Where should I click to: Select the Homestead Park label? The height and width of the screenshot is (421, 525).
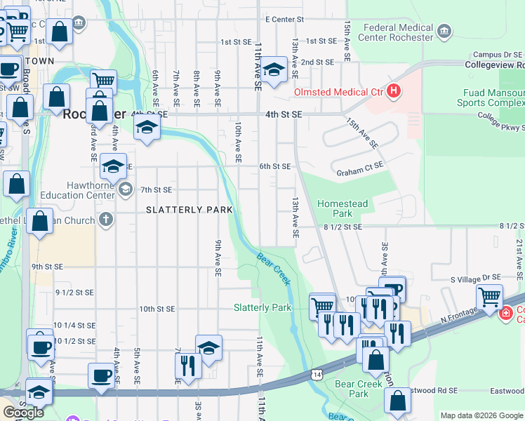tap(343, 208)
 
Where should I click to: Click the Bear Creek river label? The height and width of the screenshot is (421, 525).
tap(274, 269)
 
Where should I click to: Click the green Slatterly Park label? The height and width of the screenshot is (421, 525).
tap(262, 307)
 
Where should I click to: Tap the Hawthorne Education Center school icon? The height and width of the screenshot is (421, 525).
tap(125, 188)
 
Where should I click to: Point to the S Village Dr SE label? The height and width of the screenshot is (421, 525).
tap(483, 279)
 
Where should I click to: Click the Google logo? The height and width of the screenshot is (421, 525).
tap(23, 413)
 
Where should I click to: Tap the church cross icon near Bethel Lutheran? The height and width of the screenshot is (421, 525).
tap(106, 220)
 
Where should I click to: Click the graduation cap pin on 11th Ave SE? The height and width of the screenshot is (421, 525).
tap(274, 69)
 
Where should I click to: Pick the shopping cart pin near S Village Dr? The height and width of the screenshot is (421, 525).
tap(489, 296)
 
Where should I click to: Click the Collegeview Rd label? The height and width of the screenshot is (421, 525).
tap(495, 64)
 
